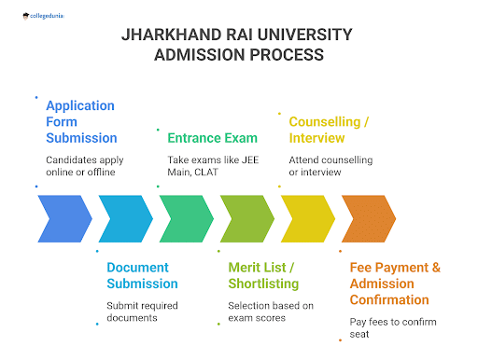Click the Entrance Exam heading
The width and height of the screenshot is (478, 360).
(212, 138)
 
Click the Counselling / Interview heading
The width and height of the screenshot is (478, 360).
(330, 130)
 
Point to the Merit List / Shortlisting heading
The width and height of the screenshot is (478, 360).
(263, 275)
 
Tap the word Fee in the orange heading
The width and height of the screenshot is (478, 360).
(362, 268)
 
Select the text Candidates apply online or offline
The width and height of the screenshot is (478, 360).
(85, 165)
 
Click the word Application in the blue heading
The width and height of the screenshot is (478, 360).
(80, 105)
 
